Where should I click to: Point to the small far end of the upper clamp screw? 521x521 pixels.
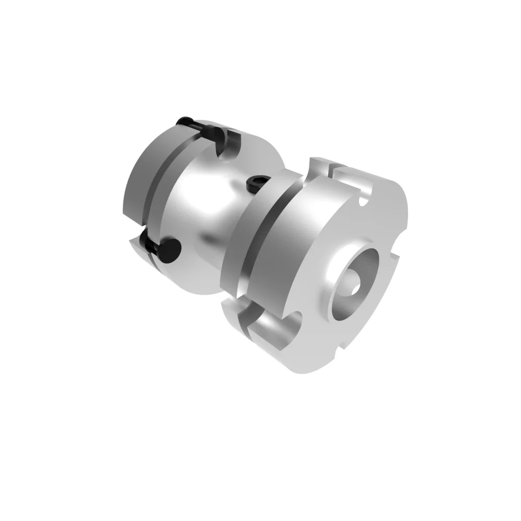tap(182, 121)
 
